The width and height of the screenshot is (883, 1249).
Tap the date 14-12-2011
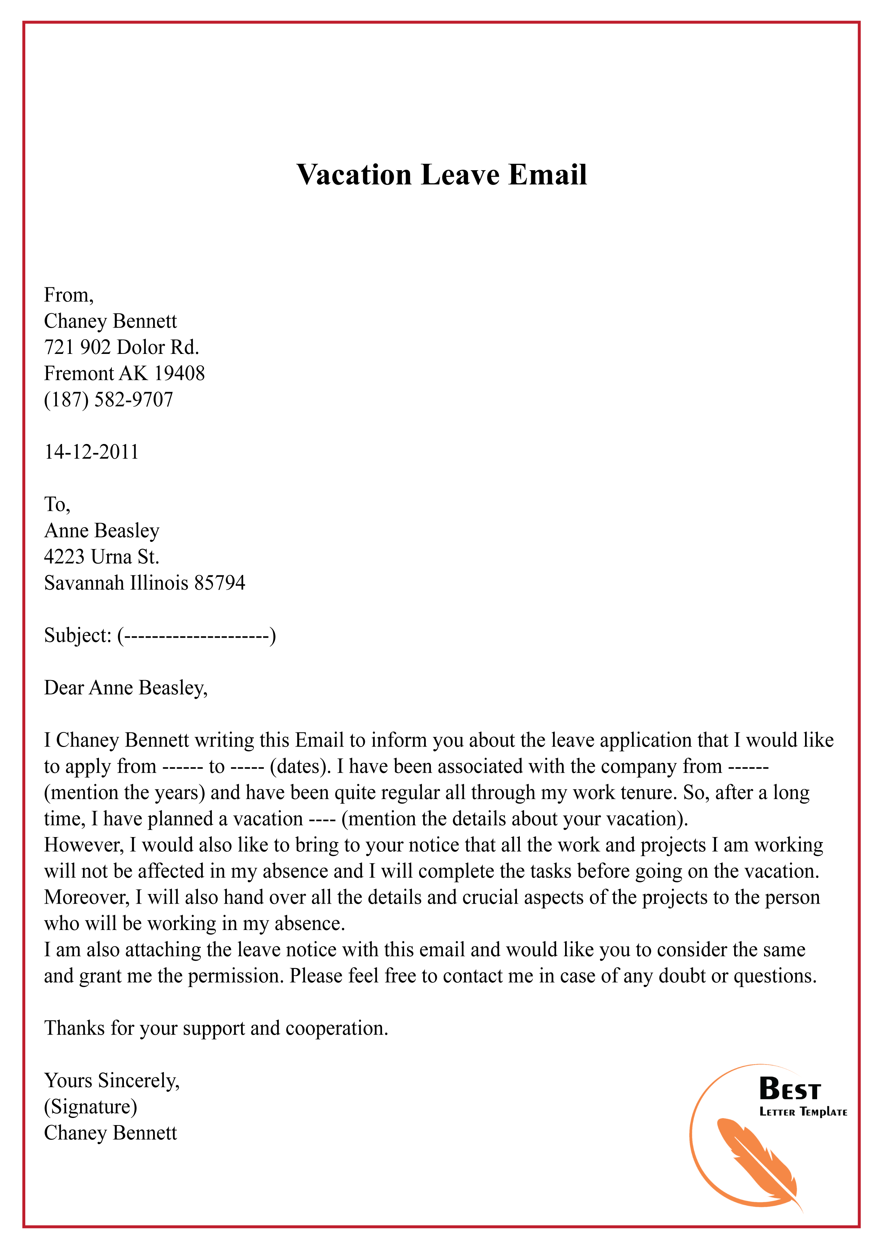tap(92, 452)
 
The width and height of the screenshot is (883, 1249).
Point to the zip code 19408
tap(179, 374)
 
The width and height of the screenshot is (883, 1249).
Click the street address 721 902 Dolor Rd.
tap(121, 347)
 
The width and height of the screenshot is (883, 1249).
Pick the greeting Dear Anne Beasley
tap(126, 688)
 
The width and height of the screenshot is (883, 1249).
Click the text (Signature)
tap(90, 1107)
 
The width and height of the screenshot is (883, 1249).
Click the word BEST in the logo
tap(789, 1089)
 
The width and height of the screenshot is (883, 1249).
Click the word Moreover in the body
tap(87, 898)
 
